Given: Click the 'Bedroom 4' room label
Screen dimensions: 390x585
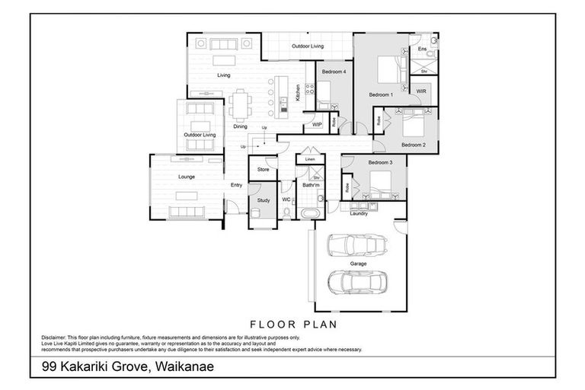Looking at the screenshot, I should (x=334, y=72).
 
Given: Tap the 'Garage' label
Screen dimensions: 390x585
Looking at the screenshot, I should (x=358, y=264).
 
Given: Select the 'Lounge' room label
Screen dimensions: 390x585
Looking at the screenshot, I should (x=187, y=177).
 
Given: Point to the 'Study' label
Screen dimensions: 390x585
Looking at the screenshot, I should (x=264, y=200).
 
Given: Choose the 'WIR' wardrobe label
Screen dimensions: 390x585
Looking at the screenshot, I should (x=421, y=91).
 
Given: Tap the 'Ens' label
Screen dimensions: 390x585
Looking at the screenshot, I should (x=423, y=49).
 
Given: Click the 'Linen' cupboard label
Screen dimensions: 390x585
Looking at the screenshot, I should (x=310, y=159).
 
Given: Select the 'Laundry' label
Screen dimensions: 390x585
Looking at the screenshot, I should (x=359, y=213).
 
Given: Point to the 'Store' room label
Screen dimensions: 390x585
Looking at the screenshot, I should (x=263, y=169).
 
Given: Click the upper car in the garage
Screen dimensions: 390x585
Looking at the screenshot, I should (x=356, y=245).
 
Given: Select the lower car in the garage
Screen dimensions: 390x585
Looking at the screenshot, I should (x=356, y=282).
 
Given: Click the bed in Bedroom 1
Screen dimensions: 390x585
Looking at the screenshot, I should (x=396, y=69).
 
